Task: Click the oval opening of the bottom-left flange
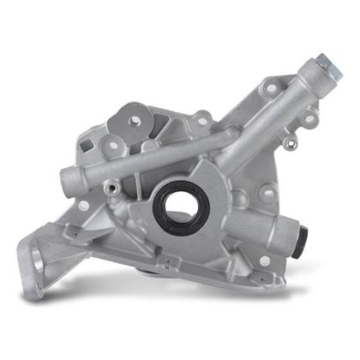[32, 256]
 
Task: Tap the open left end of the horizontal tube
[67, 181]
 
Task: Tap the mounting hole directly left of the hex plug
[271, 87]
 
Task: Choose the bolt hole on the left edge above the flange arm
[84, 206]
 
